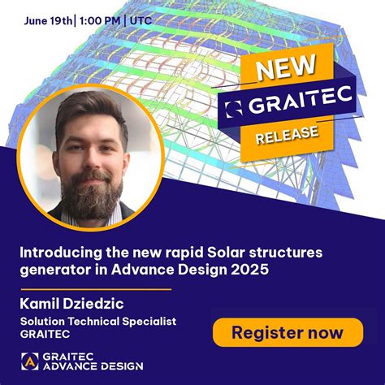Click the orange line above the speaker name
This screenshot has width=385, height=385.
96,288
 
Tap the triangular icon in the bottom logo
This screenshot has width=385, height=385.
30,361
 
